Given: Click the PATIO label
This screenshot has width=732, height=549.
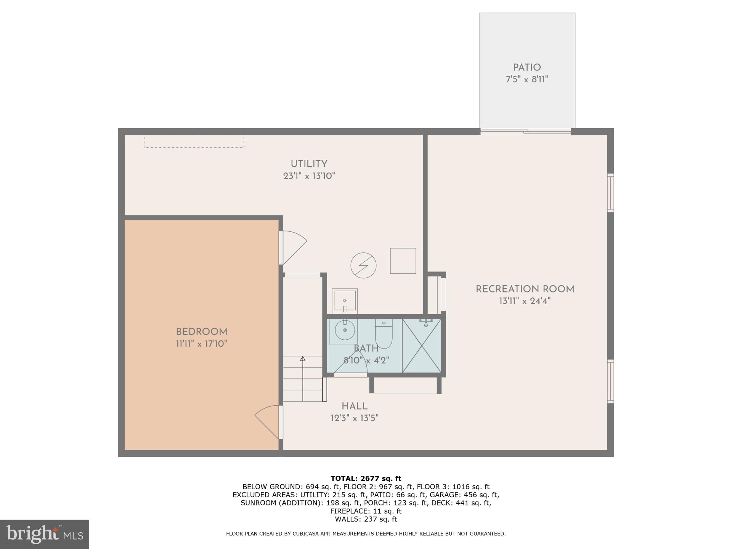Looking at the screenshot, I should pyautogui.click(x=527, y=68).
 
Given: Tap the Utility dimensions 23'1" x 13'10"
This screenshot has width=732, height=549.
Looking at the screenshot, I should pyautogui.click(x=309, y=176).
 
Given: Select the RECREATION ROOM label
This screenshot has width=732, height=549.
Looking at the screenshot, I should pyautogui.click(x=525, y=289).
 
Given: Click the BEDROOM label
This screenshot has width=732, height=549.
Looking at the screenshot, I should pyautogui.click(x=201, y=332).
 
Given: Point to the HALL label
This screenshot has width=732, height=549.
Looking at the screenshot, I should pyautogui.click(x=354, y=406).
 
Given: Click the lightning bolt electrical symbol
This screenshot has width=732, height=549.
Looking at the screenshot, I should pyautogui.click(x=363, y=265).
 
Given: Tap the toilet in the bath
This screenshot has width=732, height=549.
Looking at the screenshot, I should pyautogui.click(x=384, y=334).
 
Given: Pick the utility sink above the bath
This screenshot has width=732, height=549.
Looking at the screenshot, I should pyautogui.click(x=345, y=301).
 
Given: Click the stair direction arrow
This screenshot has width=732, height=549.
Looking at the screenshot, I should pyautogui.click(x=303, y=377).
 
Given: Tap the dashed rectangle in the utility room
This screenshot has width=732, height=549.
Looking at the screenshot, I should pyautogui.click(x=194, y=142).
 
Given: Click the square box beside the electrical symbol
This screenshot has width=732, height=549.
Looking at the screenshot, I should pyautogui.click(x=403, y=261).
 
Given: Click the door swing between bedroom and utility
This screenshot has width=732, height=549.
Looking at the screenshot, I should pyautogui.click(x=294, y=247).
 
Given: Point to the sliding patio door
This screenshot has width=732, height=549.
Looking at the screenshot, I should pyautogui.click(x=526, y=132).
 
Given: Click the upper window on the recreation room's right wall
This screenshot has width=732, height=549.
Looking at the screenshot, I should pyautogui.click(x=610, y=193).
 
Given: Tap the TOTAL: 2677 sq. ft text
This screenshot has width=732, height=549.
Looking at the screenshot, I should pyautogui.click(x=366, y=478).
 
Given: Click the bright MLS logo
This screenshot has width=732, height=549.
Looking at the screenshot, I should pyautogui.click(x=45, y=534).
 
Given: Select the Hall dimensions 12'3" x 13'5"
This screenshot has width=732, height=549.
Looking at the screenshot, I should pyautogui.click(x=354, y=418).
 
